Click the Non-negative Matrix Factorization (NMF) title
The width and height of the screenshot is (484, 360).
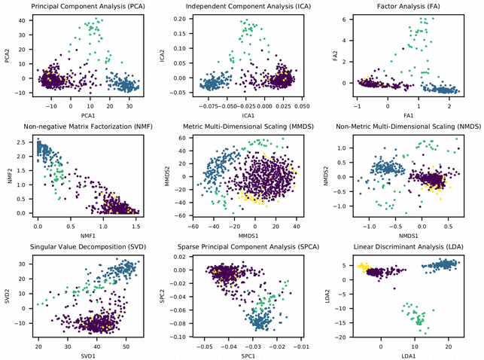click(83, 127)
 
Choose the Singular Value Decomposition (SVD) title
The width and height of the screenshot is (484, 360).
click(83, 247)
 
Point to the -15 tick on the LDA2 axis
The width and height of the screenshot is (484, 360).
click(345, 322)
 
